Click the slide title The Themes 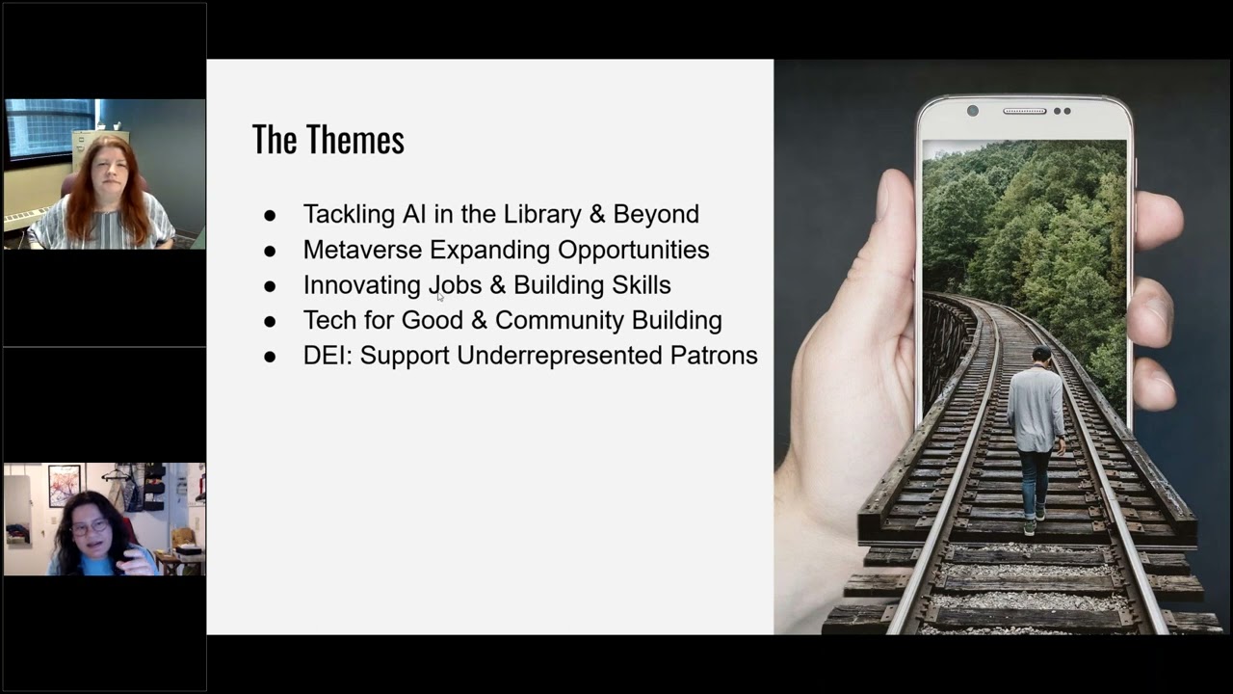tap(328, 141)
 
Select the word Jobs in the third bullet tap(454, 285)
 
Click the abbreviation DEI tap(328, 356)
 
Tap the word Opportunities tap(633, 251)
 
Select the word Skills tap(641, 285)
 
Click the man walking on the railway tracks tap(1036, 434)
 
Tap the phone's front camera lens tap(972, 111)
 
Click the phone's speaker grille tap(1025, 111)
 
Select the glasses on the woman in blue tap(91, 527)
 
